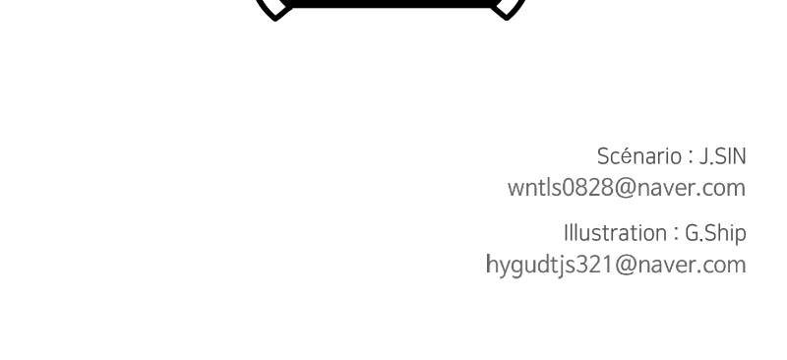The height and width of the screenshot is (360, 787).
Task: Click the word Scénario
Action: [x=638, y=156]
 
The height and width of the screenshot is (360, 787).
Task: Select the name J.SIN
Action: [x=723, y=156]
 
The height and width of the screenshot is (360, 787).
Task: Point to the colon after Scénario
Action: [x=691, y=157]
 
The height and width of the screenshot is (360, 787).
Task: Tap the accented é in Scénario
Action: [x=626, y=157]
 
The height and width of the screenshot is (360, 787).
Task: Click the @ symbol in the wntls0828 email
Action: [x=625, y=188]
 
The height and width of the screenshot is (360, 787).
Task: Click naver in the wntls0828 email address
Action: [x=666, y=189]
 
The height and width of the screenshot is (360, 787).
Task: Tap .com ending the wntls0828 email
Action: [x=721, y=190]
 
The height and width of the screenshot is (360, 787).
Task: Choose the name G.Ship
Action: [x=715, y=234]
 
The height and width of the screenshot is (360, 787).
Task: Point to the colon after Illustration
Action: [x=676, y=234]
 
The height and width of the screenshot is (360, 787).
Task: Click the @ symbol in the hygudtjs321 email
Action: [x=625, y=265]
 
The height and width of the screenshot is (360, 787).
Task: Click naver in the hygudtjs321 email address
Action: [x=666, y=267]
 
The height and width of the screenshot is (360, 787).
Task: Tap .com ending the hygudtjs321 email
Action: [x=721, y=267]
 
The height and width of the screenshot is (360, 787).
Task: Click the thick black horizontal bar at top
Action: [x=391, y=4]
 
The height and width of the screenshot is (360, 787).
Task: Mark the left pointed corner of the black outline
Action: [x=275, y=20]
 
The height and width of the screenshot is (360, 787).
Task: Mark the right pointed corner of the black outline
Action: [x=506, y=20]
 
